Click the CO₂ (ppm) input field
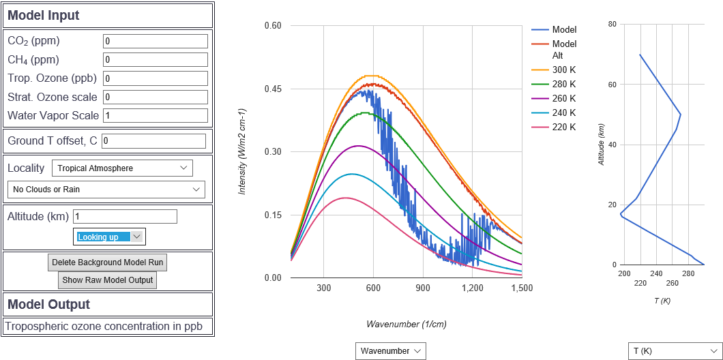coord(155,41)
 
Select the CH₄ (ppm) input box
coord(155,59)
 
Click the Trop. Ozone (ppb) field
coord(155,78)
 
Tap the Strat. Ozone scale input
coord(155,97)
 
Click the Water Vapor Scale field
coord(155,115)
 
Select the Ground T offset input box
coord(153,141)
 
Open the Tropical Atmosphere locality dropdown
coord(122,168)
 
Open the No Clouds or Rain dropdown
coord(106,189)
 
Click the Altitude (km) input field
coord(125,216)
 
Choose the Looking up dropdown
coord(109,237)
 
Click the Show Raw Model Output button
coord(107,280)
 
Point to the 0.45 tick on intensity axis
coord(273,89)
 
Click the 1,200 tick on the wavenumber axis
coord(472,288)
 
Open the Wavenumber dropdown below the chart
coord(391,350)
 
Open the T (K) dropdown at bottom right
coord(674,350)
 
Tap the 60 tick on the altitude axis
coord(613,85)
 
